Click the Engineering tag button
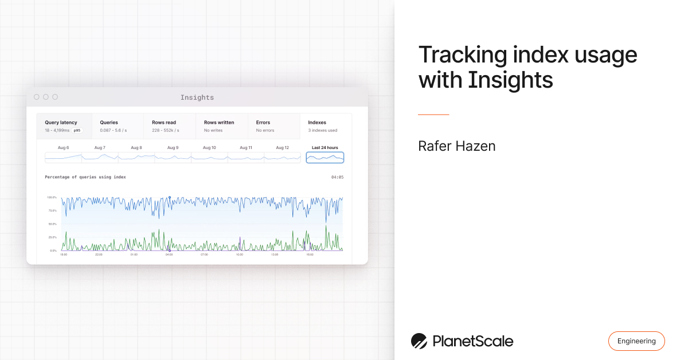tap(636, 341)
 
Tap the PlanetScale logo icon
tap(419, 341)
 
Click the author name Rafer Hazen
tap(456, 146)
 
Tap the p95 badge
tap(77, 131)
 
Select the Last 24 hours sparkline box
tap(325, 157)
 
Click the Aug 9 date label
tap(173, 148)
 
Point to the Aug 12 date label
tap(282, 148)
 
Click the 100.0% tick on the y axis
tap(52, 197)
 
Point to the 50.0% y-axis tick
tap(52, 224)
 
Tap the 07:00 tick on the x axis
tap(204, 255)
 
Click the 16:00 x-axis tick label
tap(310, 255)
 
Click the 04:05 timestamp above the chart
tap(337, 177)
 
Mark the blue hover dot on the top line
tap(170, 198)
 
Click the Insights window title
tap(197, 97)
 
